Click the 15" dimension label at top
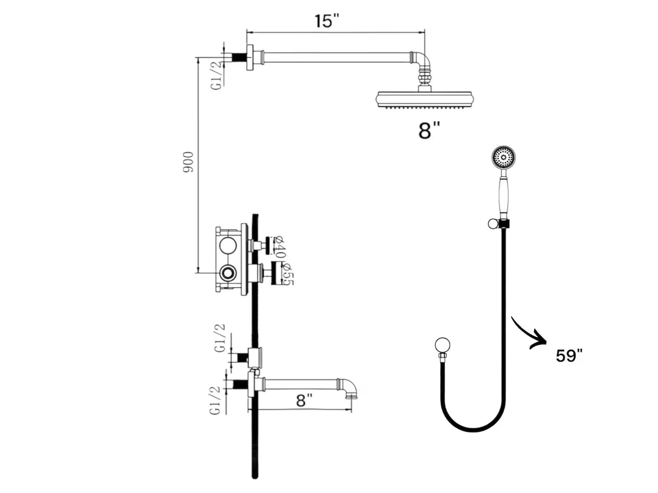point(326,21)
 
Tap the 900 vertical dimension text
point(188,162)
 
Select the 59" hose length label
point(569,356)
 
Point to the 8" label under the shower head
point(429,131)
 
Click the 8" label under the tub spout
point(304,400)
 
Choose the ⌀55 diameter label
point(287,274)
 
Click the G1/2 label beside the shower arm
point(217,76)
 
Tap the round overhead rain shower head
point(425,99)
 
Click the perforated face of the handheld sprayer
point(503,157)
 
